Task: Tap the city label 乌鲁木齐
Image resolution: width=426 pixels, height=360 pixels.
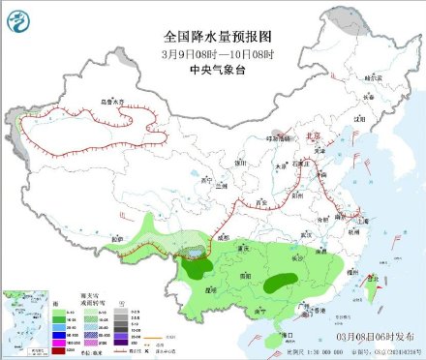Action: [x=113, y=101]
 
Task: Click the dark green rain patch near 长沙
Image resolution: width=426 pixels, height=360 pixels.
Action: [x=280, y=283]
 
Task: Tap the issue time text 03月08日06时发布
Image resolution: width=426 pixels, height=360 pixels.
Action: [x=373, y=334]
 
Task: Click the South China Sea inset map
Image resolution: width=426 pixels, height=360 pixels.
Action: [x=20, y=318]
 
